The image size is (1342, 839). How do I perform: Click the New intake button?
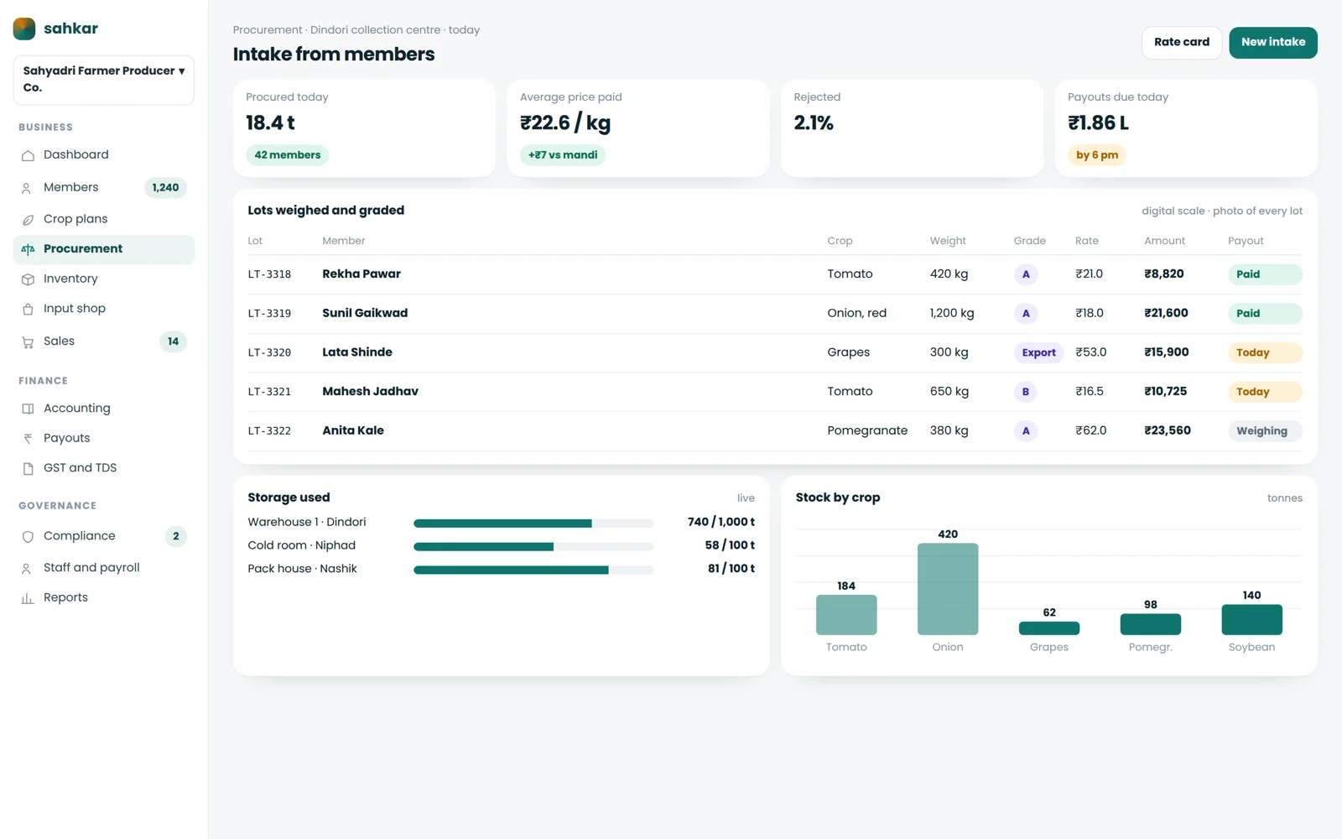pyautogui.click(x=1273, y=42)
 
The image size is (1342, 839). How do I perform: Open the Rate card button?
pyautogui.click(x=1182, y=42)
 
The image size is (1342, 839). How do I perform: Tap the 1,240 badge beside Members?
pyautogui.click(x=165, y=188)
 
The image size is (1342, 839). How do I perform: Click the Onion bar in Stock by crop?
pyautogui.click(x=948, y=588)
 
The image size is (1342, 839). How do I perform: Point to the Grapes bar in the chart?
pyautogui.click(x=1049, y=628)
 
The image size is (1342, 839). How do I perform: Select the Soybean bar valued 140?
pyautogui.click(x=1251, y=619)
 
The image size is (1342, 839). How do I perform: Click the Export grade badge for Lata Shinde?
pyautogui.click(x=1039, y=352)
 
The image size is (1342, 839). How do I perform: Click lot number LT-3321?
pyautogui.click(x=269, y=392)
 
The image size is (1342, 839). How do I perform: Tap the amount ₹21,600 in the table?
pyautogui.click(x=1166, y=313)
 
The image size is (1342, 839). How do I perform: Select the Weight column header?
pyautogui.click(x=948, y=240)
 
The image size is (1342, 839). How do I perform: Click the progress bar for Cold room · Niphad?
pyautogui.click(x=533, y=546)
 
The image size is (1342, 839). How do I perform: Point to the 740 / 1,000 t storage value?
pyautogui.click(x=721, y=522)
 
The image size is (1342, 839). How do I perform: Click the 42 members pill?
pyautogui.click(x=287, y=154)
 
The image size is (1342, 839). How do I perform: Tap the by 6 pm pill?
pyautogui.click(x=1097, y=154)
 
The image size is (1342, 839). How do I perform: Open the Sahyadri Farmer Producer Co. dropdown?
pyautogui.click(x=104, y=80)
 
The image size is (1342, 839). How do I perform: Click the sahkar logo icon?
pyautogui.click(x=24, y=29)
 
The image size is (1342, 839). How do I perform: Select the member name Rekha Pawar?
pyautogui.click(x=362, y=274)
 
